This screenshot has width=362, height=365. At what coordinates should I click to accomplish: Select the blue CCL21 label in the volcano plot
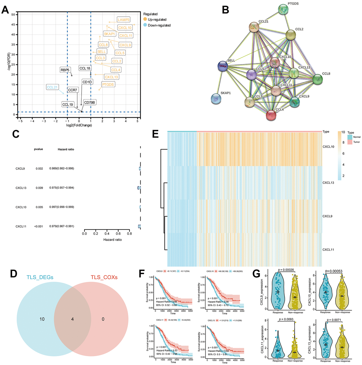point(52,87)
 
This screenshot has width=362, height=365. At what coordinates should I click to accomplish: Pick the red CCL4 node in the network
point(271,115)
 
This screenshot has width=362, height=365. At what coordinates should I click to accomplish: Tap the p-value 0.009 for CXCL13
point(39,187)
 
